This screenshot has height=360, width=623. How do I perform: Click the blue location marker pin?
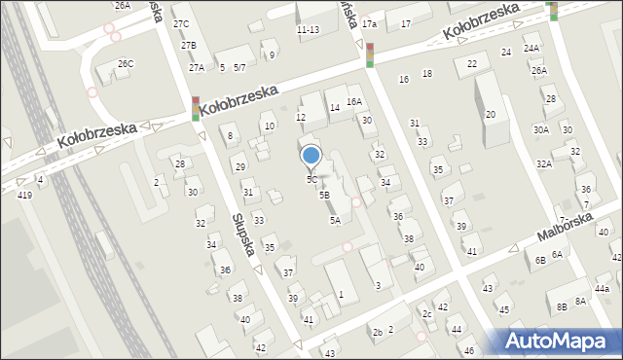click(311, 156)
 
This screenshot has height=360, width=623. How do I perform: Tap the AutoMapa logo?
click(561, 341)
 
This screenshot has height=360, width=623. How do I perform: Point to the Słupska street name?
click(244, 234)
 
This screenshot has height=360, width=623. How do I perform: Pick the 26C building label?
click(126, 64)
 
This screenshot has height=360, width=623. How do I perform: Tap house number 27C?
click(181, 23)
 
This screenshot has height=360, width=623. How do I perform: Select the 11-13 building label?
click(308, 30)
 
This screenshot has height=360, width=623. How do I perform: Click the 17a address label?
click(368, 23)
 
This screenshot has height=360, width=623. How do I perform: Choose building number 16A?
click(354, 101)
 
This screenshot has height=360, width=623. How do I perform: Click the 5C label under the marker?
click(311, 179)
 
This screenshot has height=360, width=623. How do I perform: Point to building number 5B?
click(324, 195)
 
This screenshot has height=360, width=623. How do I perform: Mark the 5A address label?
click(334, 221)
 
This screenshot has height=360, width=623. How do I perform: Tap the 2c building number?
click(426, 314)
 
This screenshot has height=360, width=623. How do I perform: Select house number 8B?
click(562, 307)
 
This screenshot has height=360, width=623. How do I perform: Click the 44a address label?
click(603, 289)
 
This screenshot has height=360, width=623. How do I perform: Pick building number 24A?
click(531, 48)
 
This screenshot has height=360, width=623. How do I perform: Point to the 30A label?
click(540, 130)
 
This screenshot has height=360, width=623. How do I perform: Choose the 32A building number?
click(543, 164)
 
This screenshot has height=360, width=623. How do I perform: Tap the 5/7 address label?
click(239, 67)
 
